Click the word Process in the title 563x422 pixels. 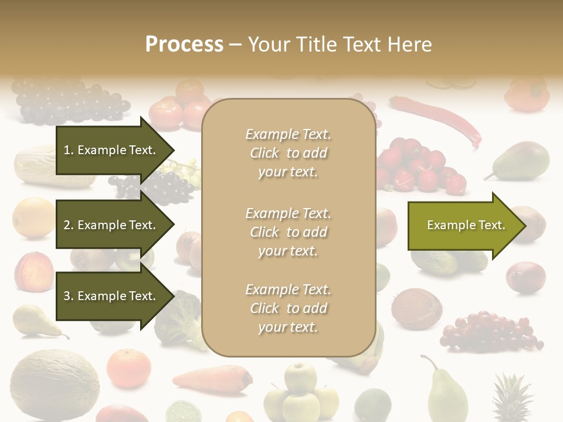coord(184,45)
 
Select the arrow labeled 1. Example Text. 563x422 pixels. coord(110,150)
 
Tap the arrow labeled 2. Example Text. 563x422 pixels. coord(110,225)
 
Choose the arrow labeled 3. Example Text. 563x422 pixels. coord(110,296)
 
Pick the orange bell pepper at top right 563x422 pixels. coord(526,94)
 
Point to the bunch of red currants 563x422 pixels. coord(490,331)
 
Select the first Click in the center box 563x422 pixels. coord(264,153)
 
